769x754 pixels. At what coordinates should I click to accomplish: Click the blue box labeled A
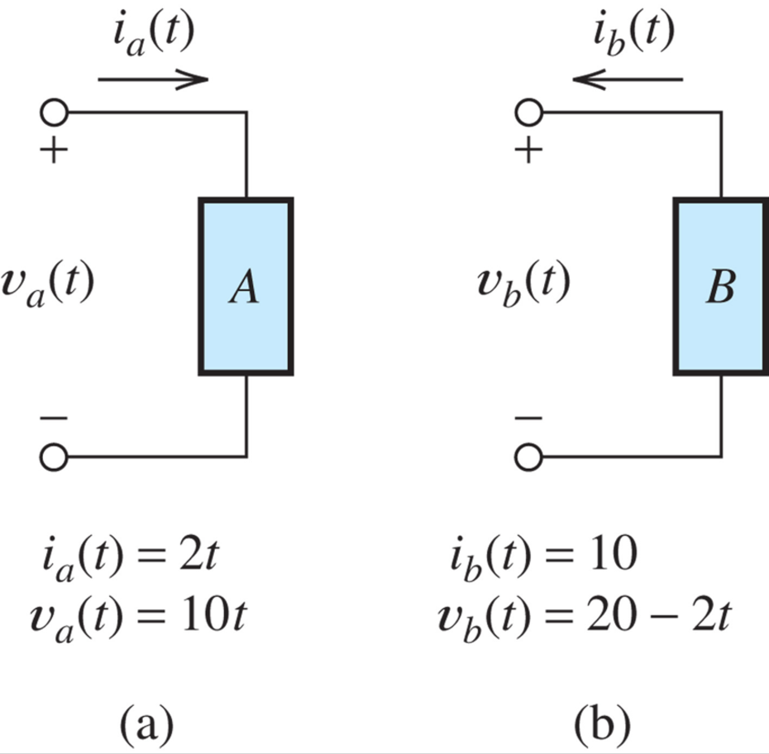pyautogui.click(x=246, y=286)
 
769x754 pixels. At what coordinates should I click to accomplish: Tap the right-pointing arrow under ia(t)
pyautogui.click(x=152, y=80)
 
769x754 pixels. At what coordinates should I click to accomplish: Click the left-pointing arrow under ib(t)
pyautogui.click(x=628, y=80)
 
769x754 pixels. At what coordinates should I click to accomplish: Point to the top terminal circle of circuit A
pyautogui.click(x=55, y=112)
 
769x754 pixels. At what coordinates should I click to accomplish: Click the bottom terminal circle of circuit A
pyautogui.click(x=55, y=456)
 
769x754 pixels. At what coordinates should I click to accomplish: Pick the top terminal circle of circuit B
pyautogui.click(x=530, y=112)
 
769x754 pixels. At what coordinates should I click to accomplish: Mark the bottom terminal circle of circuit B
pyautogui.click(x=530, y=456)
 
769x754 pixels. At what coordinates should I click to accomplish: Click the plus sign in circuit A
pyautogui.click(x=55, y=150)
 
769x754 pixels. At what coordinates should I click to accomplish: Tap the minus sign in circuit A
pyautogui.click(x=55, y=419)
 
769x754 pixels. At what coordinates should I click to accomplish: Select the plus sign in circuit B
pyautogui.click(x=529, y=150)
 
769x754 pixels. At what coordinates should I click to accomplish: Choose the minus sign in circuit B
pyautogui.click(x=529, y=419)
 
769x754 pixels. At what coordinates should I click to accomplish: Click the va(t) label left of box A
pyautogui.click(x=48, y=284)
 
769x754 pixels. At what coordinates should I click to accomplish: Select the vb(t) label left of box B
pyautogui.click(x=523, y=284)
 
